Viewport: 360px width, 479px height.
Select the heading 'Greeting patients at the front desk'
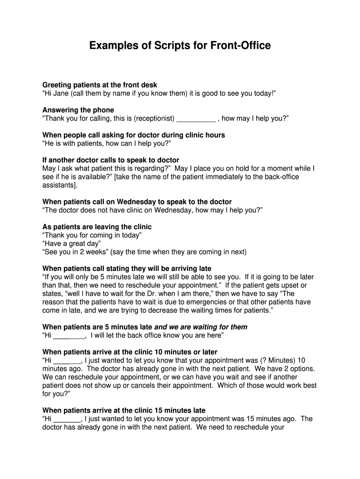click(100, 85)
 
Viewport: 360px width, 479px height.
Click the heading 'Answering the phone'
click(78, 110)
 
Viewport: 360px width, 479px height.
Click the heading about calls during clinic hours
click(134, 135)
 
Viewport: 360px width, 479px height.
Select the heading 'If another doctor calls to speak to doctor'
click(111, 160)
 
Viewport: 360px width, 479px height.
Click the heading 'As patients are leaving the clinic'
click(97, 227)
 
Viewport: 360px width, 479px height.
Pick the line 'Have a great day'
click(72, 244)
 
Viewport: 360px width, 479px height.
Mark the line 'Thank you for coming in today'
click(92, 235)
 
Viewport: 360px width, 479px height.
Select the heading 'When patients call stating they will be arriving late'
click(127, 269)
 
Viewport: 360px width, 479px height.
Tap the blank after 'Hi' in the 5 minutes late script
click(69, 335)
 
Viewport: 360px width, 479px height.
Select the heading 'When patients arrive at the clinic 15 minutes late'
click(124, 411)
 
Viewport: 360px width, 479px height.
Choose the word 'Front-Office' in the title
click(240, 46)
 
